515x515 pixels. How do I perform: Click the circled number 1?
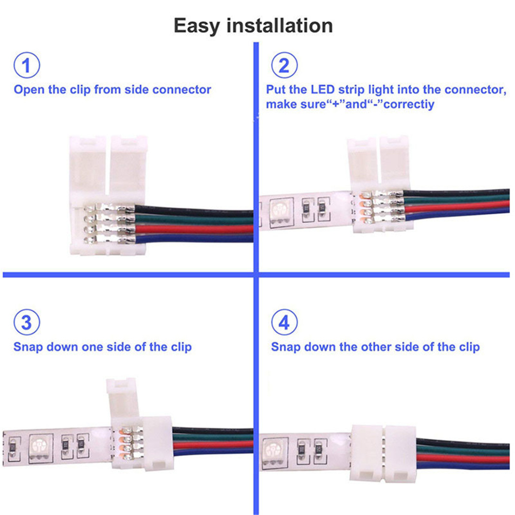click(27, 65)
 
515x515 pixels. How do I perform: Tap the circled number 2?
click(284, 65)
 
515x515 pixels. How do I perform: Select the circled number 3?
click(27, 322)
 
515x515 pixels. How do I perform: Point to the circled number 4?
click(284, 322)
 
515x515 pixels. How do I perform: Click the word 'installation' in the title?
click(280, 26)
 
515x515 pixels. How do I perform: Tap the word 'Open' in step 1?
click(29, 90)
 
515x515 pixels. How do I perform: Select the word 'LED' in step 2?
click(323, 89)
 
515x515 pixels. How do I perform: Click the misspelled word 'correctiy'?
click(409, 104)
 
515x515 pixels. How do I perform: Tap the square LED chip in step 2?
click(281, 212)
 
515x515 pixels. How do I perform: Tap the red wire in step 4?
click(463, 458)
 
